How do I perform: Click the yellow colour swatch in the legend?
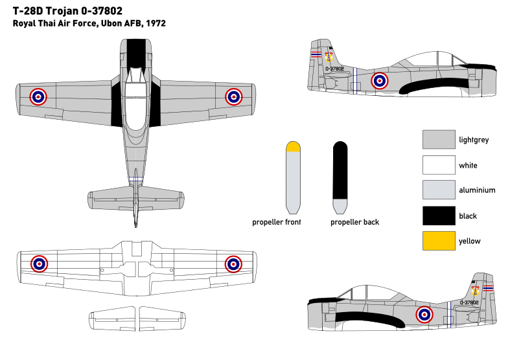point(439,241)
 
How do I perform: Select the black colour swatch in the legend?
point(439,216)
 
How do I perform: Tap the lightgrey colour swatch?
point(439,139)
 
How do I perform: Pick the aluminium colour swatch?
point(439,190)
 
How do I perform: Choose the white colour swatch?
point(439,165)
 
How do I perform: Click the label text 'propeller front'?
point(277,222)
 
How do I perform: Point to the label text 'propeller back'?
point(354,222)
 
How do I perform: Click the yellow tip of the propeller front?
point(293,147)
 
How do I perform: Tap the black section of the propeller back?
point(340,171)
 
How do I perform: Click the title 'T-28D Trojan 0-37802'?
point(67,11)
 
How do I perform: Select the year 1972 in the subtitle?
point(156,23)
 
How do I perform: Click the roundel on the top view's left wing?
point(38,96)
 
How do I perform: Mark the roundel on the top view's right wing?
point(233,96)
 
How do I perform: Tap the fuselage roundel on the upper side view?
point(380,81)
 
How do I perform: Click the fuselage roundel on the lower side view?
point(424,315)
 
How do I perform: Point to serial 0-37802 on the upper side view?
point(334,69)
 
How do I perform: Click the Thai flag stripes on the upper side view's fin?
point(316,54)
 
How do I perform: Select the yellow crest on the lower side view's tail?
point(475,291)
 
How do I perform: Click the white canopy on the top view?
point(135,106)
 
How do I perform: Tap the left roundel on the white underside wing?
point(40,264)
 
